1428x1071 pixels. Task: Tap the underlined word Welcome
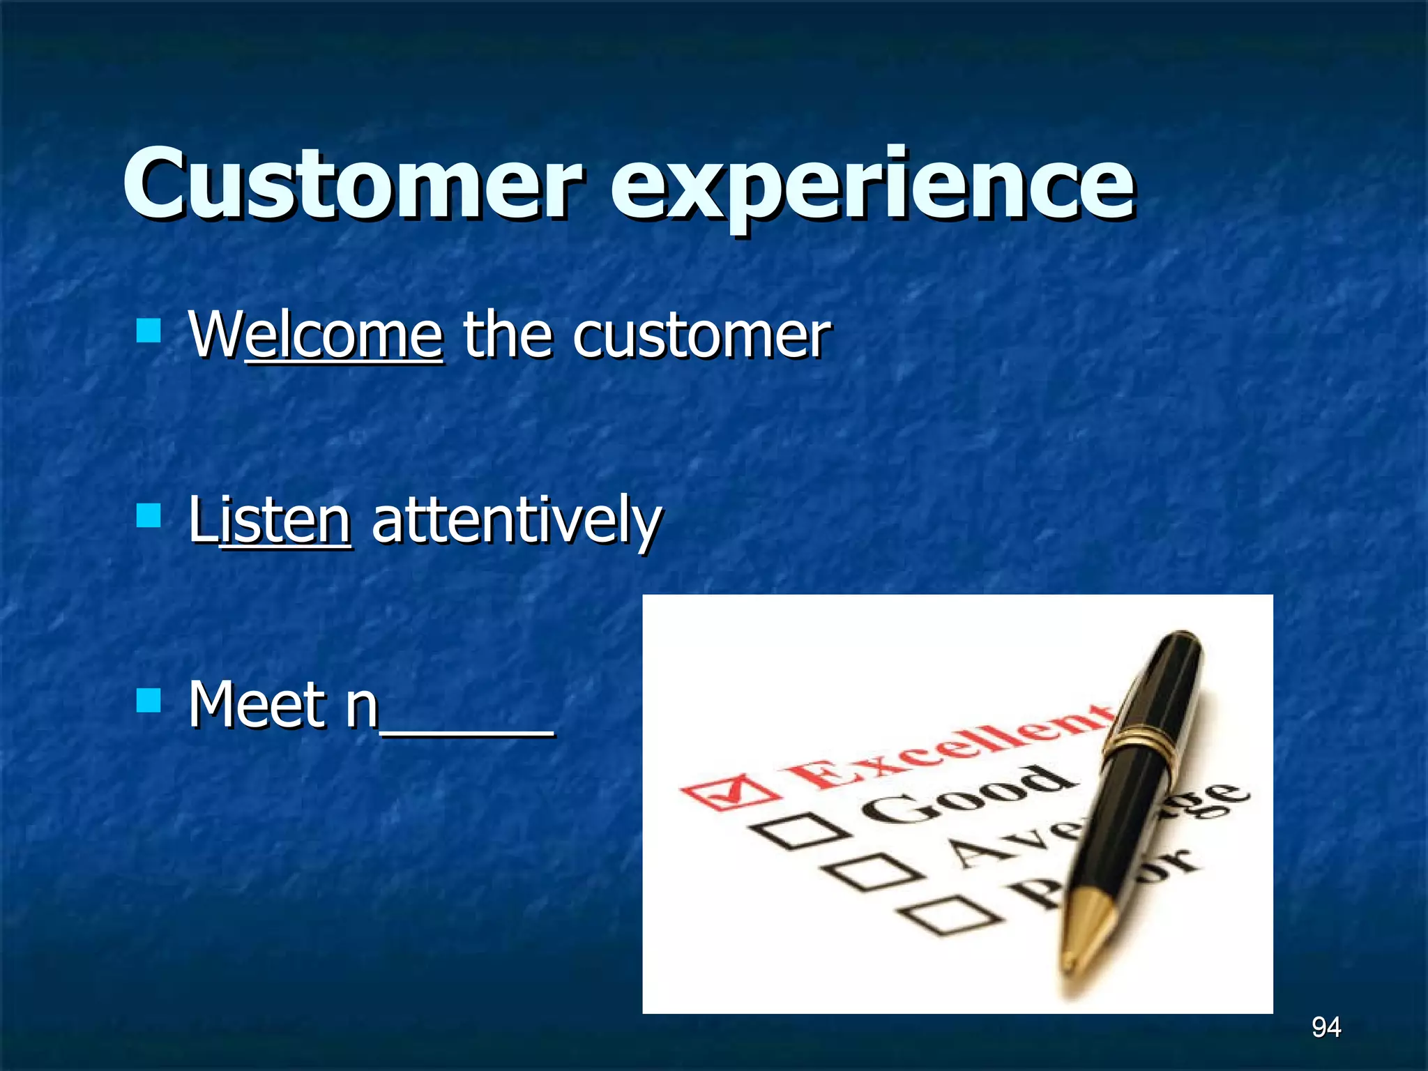click(x=315, y=336)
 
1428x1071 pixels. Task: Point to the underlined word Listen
click(x=270, y=520)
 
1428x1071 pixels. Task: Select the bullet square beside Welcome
click(x=149, y=331)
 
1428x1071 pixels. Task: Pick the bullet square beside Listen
click(x=149, y=515)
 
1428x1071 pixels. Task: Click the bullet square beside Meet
click(x=149, y=700)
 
